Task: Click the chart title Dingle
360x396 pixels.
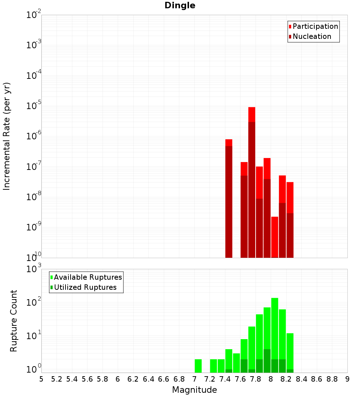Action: click(180, 5)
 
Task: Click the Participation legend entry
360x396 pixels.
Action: click(315, 26)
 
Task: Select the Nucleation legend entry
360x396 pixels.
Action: click(312, 36)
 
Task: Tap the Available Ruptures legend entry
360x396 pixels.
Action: click(88, 277)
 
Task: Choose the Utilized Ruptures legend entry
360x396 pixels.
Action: click(85, 287)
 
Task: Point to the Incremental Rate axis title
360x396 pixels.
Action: click(7, 136)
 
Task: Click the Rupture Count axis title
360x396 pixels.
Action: click(13, 321)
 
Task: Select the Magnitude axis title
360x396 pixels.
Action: click(194, 390)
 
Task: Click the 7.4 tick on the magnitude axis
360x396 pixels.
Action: click(225, 379)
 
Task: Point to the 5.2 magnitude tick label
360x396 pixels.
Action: click(57, 379)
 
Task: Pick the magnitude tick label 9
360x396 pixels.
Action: click(347, 379)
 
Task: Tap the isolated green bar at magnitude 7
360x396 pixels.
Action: click(198, 366)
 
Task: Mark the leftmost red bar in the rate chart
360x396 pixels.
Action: click(229, 198)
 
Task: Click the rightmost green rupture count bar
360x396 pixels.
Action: click(290, 351)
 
